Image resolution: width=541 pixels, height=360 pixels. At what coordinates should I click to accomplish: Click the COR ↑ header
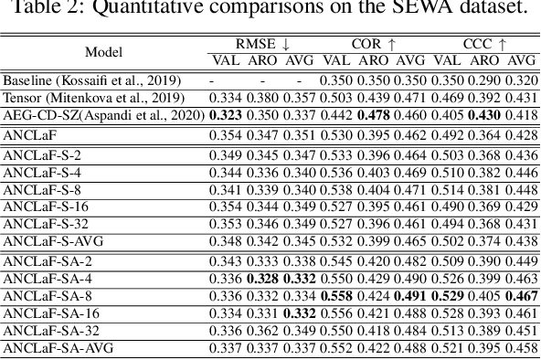tap(374, 43)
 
